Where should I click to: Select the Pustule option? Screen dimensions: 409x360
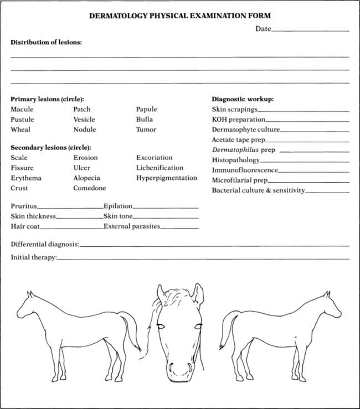(x=22, y=120)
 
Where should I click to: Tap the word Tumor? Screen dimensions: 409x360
(x=146, y=130)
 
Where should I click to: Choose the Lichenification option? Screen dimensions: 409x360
(x=160, y=168)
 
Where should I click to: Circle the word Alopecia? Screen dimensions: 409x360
(x=87, y=178)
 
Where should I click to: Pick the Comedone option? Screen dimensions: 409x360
(x=89, y=188)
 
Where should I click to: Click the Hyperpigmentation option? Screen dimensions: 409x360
(x=167, y=178)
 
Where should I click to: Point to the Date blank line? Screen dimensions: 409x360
(x=310, y=31)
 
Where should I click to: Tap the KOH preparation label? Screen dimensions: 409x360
(x=239, y=120)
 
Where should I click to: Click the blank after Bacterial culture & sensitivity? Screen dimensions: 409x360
(x=327, y=192)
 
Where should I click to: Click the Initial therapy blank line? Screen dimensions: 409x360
(x=203, y=258)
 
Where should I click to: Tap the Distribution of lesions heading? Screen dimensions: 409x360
(x=46, y=42)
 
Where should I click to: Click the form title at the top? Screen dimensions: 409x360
(x=180, y=17)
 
